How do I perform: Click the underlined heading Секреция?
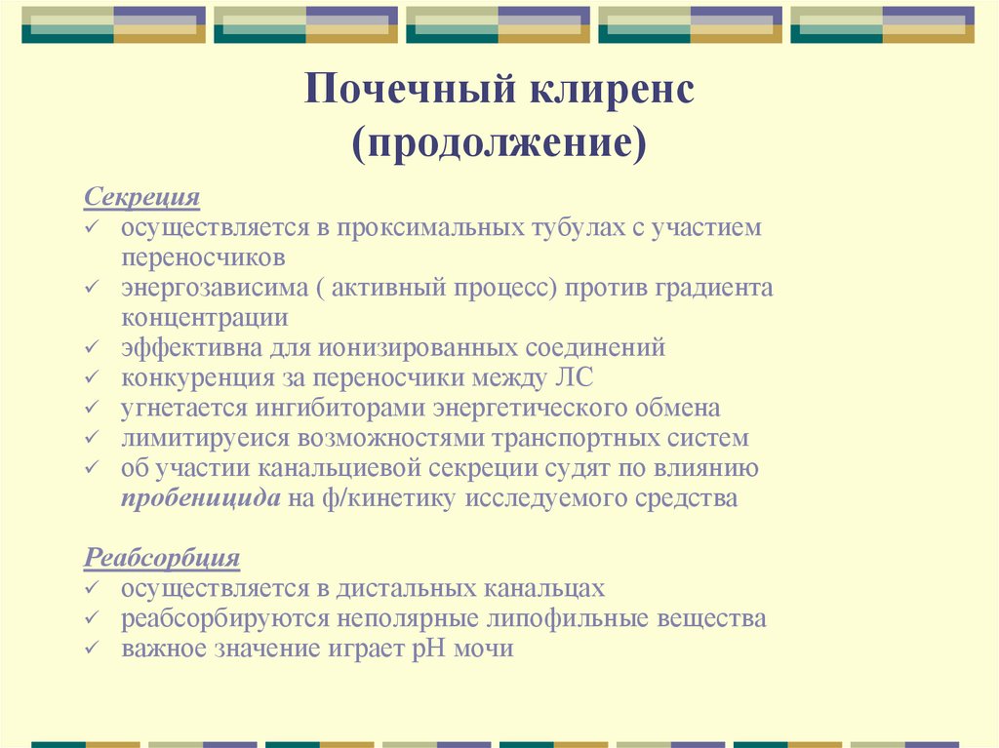[142, 198]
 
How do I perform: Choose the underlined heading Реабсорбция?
[162, 559]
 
